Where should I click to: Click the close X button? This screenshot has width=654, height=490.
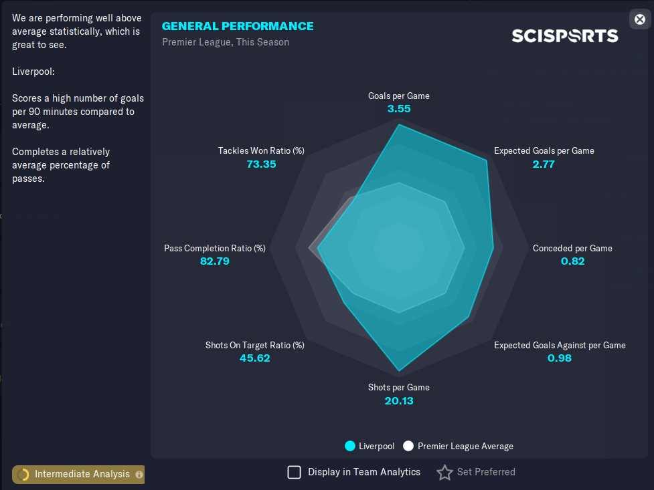point(639,19)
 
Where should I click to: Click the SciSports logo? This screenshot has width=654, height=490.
point(564,35)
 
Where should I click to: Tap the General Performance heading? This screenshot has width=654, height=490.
point(238,26)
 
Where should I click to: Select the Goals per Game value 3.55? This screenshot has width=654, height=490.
point(399,108)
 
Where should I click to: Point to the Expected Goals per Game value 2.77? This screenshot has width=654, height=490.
point(544,164)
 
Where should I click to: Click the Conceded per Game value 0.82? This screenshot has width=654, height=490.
point(572,261)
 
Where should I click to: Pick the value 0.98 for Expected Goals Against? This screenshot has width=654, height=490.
point(560,358)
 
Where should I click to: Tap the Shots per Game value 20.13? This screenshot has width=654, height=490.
point(399,400)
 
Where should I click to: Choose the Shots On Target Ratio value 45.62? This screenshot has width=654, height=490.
point(254,358)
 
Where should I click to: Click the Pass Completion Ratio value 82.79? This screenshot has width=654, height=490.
point(215,261)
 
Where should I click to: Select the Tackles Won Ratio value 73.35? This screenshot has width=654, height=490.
point(261,164)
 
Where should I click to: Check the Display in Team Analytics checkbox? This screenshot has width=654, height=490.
point(294,473)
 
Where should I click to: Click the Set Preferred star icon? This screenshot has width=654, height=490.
point(444,473)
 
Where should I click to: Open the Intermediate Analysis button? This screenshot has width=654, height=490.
point(78,474)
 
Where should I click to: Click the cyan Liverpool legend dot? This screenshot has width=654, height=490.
point(349,446)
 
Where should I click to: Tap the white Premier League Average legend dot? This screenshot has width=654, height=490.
point(408,446)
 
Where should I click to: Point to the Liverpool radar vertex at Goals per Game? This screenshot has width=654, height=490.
point(399,125)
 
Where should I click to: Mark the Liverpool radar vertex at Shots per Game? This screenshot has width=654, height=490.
point(400,370)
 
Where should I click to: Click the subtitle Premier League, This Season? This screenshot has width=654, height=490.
point(226,42)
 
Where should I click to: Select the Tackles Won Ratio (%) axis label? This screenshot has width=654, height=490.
point(261,150)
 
